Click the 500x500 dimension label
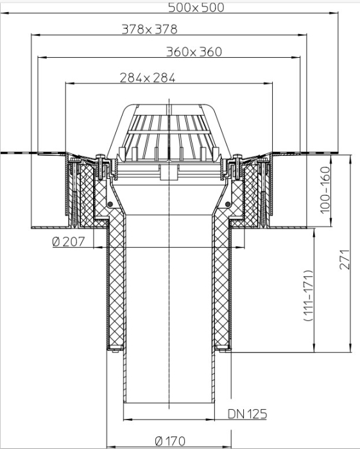[x=196, y=8]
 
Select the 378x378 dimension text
[x=150, y=30]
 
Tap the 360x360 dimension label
[x=194, y=52]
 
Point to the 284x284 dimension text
[x=148, y=78]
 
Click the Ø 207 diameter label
[x=69, y=242]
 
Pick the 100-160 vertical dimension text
[x=325, y=190]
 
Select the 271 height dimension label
[x=345, y=259]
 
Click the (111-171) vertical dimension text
[x=309, y=296]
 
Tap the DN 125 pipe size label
[x=248, y=414]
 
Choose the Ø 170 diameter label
[x=170, y=441]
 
